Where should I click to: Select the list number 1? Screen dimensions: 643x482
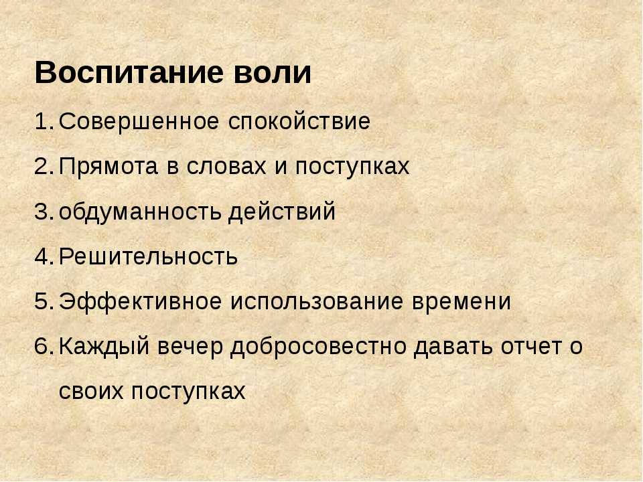click(x=44, y=121)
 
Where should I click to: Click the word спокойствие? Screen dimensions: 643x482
click(x=299, y=122)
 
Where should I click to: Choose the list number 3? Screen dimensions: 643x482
click(x=44, y=212)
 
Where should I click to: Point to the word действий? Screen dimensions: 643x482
click(x=282, y=212)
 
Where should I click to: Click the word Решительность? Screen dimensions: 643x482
click(x=148, y=256)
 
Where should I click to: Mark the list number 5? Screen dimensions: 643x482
click(x=44, y=302)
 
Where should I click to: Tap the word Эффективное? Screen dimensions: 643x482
click(x=140, y=302)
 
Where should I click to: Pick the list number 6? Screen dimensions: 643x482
click(x=44, y=346)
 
